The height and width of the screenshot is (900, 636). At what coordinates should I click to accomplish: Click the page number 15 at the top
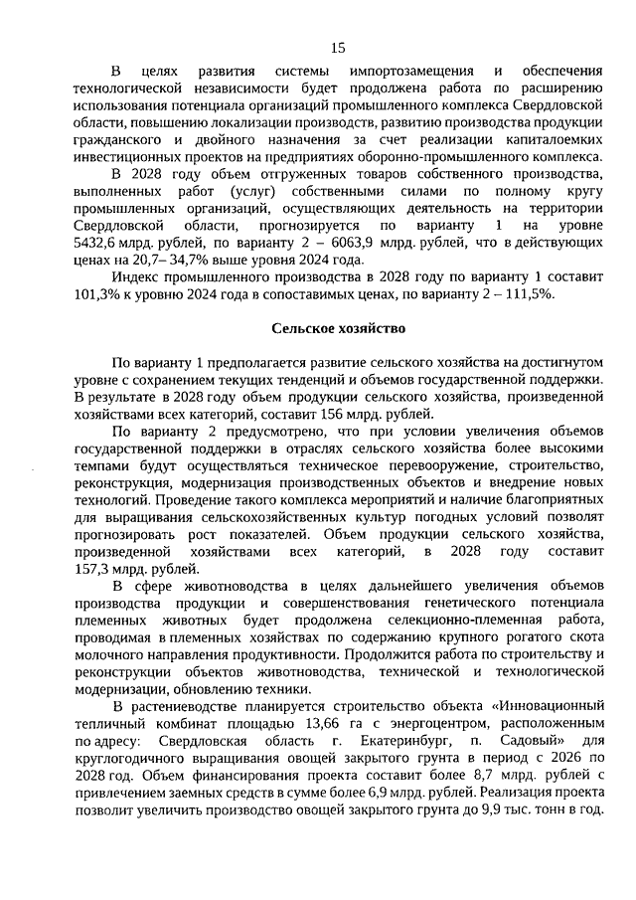337,47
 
